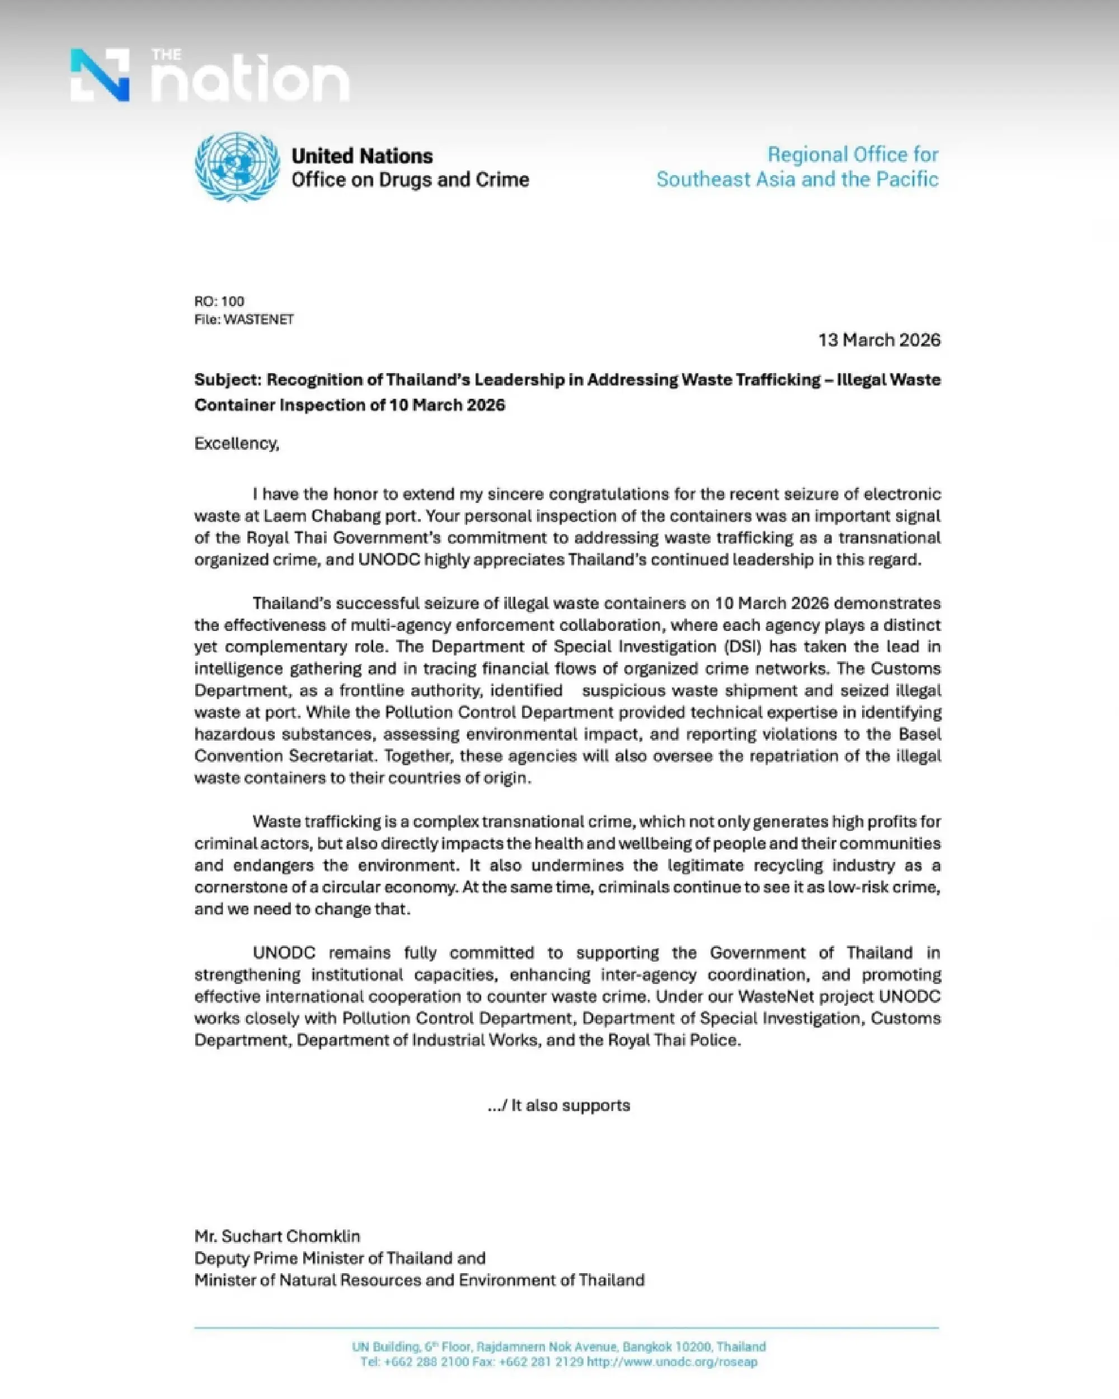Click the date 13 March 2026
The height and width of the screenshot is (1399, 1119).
[x=879, y=340]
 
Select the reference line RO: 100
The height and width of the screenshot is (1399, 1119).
[x=219, y=301]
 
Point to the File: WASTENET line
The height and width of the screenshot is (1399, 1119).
[x=244, y=319]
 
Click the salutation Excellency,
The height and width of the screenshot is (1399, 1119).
[x=236, y=443]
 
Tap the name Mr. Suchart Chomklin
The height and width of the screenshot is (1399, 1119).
[x=277, y=1236]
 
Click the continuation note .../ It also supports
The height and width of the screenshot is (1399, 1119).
[x=559, y=1105]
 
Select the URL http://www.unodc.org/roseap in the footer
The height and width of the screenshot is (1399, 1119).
[x=672, y=1362]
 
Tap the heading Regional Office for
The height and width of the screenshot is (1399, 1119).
[x=852, y=154]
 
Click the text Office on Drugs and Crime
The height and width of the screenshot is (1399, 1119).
[x=410, y=180]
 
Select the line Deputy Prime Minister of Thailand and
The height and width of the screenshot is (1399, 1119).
[x=340, y=1258]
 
